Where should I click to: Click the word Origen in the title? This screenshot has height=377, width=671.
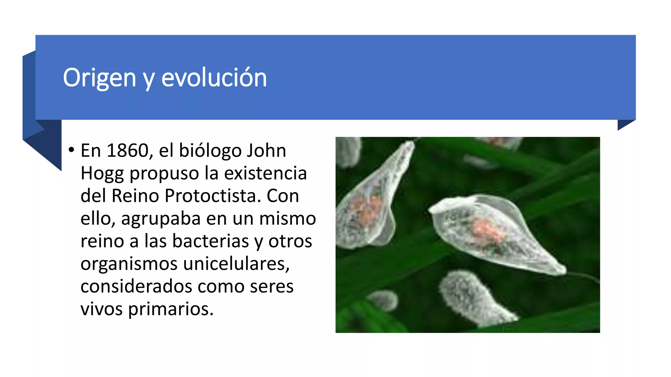point(99,78)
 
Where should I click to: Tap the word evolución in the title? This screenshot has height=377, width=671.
point(214,78)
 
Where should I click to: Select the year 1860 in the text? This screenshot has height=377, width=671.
point(127,151)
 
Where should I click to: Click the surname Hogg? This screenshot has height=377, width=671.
point(102,173)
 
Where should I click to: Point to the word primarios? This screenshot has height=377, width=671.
point(170,309)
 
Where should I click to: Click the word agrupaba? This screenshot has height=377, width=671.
point(161,219)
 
